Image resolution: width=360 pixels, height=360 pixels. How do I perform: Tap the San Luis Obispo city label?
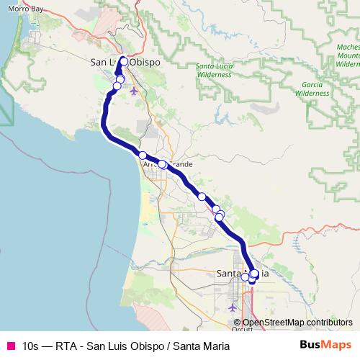pyautogui.click(x=124, y=62)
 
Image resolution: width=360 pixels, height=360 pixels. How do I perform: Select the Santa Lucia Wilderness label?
pyautogui.click(x=215, y=70)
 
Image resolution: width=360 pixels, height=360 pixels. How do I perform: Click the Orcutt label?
pyautogui.click(x=243, y=329)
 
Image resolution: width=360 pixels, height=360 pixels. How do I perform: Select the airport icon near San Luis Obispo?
pyautogui.click(x=135, y=91)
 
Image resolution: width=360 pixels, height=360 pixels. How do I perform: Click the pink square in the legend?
pyautogui.click(x=10, y=346)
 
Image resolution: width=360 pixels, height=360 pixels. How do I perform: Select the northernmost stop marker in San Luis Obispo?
pyautogui.click(x=124, y=61)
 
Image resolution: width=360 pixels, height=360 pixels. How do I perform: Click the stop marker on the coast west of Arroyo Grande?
pyautogui.click(x=143, y=156)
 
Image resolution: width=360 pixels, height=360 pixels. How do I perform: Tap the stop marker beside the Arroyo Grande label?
pyautogui.click(x=163, y=164)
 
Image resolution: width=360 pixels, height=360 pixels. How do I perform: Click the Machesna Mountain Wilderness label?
pyautogui.click(x=348, y=55)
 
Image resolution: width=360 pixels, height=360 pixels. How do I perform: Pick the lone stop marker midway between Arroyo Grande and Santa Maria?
pyautogui.click(x=202, y=197)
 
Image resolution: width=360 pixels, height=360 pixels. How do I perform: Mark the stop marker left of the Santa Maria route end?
pyautogui.click(x=246, y=277)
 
